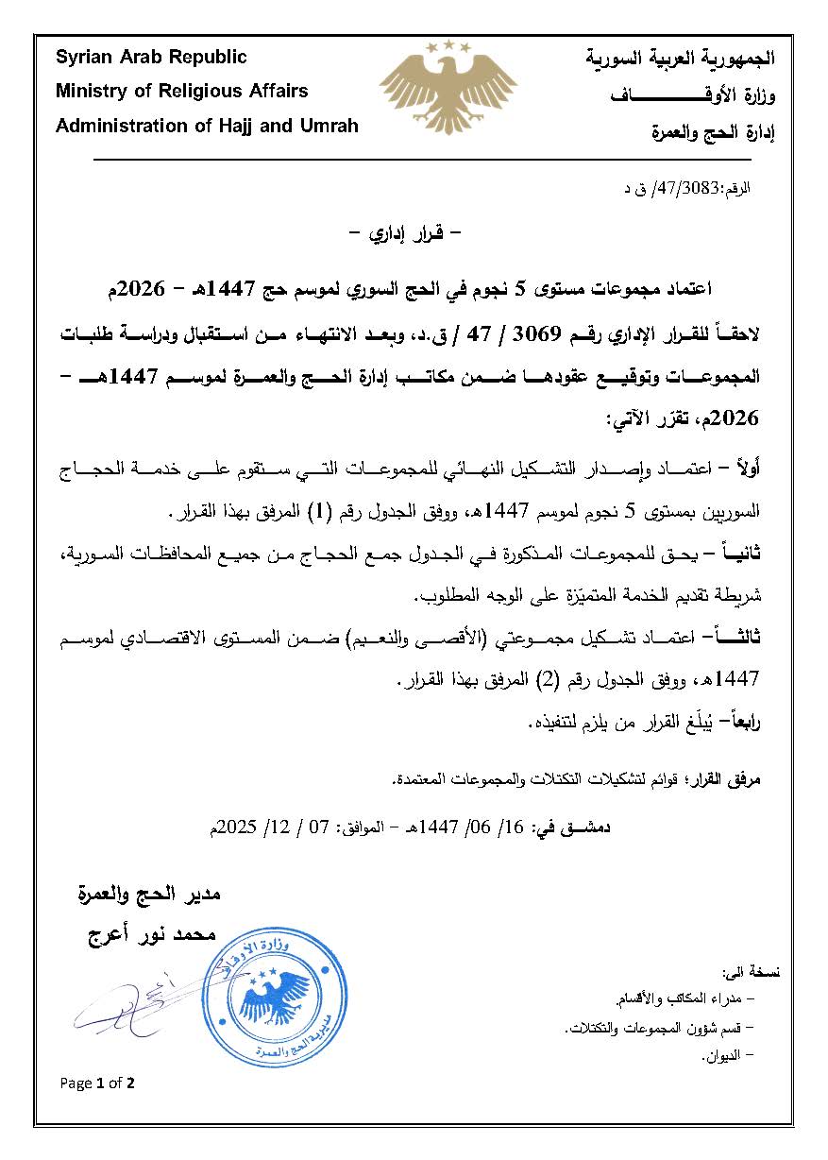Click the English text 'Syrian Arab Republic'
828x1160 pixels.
[151, 58]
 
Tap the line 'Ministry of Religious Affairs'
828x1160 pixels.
[181, 92]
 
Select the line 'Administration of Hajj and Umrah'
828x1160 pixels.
[207, 126]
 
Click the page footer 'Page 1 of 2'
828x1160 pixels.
[97, 1083]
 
